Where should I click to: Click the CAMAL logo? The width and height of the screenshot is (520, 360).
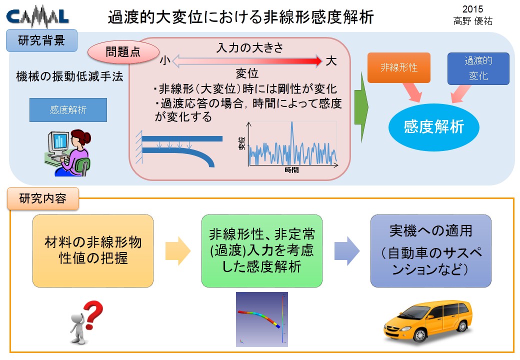tap(37, 17)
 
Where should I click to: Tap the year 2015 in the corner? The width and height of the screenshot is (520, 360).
tap(472, 9)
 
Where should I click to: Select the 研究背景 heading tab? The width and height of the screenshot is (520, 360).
tap(42, 40)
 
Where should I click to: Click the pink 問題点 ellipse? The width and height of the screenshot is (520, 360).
tap(123, 52)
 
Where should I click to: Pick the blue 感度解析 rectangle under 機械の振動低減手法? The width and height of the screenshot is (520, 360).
tap(68, 109)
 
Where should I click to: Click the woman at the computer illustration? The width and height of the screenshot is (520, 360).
tap(67, 152)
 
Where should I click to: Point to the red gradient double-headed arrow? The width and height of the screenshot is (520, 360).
tap(247, 61)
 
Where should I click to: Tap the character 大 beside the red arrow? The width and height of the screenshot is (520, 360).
tap(331, 61)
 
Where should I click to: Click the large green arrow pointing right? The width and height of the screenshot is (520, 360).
tap(361, 107)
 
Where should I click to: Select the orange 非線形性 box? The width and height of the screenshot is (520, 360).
tap(399, 67)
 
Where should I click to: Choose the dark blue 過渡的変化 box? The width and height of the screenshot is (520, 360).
tap(478, 68)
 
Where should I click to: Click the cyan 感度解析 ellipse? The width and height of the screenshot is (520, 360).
tap(434, 127)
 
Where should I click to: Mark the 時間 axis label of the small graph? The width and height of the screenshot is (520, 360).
tap(291, 170)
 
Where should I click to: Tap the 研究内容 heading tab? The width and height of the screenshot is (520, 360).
tap(43, 198)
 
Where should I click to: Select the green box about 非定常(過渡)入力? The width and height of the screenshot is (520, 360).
tap(261, 251)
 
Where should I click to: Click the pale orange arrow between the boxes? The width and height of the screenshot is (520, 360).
tap(178, 251)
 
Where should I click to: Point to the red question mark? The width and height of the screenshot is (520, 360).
tap(93, 315)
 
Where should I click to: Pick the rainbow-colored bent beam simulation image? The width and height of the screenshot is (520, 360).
tap(261, 319)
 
